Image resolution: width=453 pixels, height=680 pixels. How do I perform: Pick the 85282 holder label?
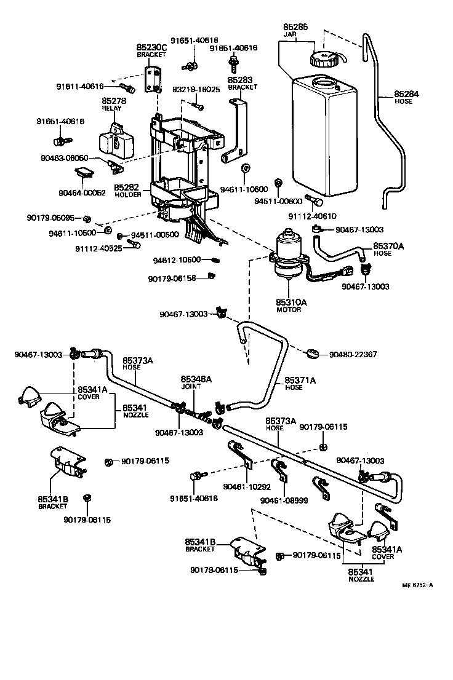point(127,187)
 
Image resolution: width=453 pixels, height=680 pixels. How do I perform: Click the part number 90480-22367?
point(353,355)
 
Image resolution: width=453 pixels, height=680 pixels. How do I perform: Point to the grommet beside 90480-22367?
point(313,354)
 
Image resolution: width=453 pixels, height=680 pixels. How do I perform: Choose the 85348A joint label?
point(196,379)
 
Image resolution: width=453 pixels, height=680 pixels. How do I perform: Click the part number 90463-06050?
point(82,158)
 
